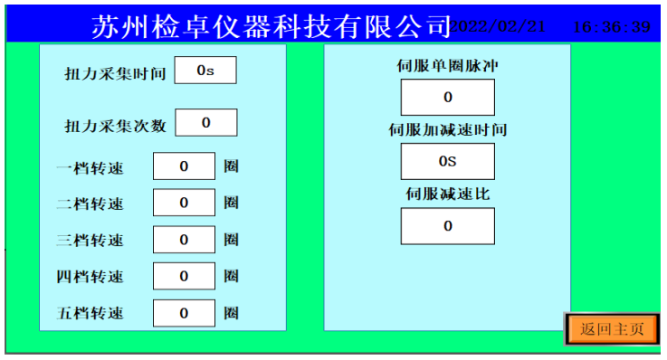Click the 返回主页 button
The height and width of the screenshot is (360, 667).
coord(613,329)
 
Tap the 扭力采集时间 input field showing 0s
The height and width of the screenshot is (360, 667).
coord(205,71)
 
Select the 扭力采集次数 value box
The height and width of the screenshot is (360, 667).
coord(205,122)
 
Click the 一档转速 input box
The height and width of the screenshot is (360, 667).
coord(184,166)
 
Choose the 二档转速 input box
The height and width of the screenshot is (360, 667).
coord(184,204)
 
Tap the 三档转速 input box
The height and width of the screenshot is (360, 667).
coord(184,240)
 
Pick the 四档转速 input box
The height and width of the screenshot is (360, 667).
coord(184,277)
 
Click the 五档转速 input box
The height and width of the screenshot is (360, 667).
coord(184,313)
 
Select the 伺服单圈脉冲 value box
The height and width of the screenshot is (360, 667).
coord(447,98)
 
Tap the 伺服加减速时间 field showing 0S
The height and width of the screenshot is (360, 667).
coord(447,162)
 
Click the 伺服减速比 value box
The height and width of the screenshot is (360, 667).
coord(447,226)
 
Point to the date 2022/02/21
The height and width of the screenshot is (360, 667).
coord(499,26)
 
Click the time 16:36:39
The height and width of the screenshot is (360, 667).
coord(612,27)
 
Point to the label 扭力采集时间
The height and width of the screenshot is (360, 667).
coord(115,73)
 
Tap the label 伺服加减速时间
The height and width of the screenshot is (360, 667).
coord(447,130)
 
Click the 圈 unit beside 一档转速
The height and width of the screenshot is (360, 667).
coord(232,167)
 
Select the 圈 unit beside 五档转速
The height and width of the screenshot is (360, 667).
coord(232,313)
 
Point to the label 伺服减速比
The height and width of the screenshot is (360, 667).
coord(447,194)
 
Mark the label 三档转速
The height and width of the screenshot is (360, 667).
coord(91,241)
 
